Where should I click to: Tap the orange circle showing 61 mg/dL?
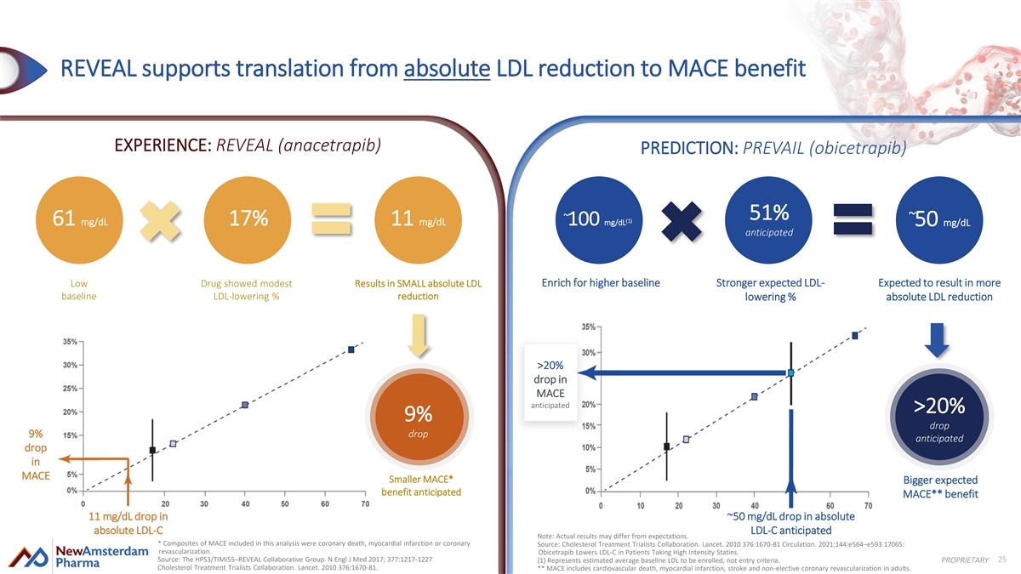81,219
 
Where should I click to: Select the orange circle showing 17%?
249,219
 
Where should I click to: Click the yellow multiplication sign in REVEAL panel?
167,219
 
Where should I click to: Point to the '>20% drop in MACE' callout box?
551,384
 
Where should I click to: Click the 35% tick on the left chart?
71,341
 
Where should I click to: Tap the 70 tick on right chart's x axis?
868,506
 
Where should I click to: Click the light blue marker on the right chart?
791,373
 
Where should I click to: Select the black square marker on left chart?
152,450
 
